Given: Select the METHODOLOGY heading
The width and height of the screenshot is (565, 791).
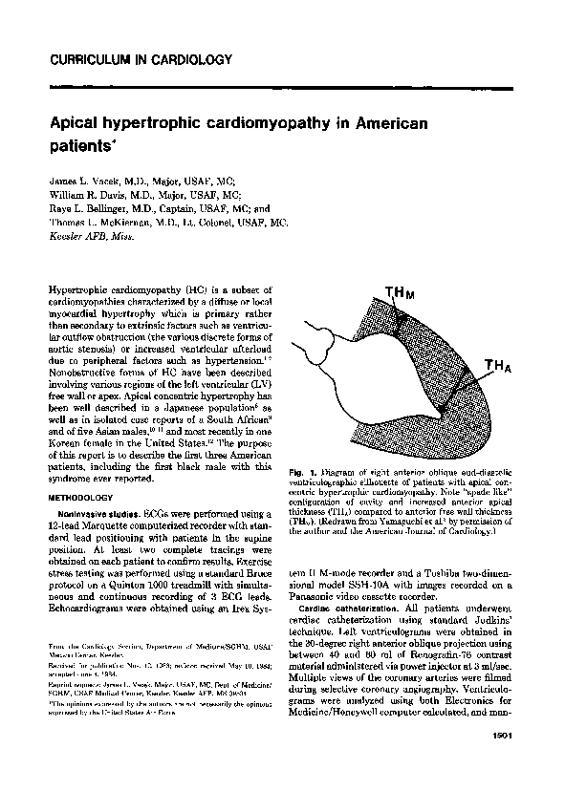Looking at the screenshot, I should pyautogui.click(x=84, y=499).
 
